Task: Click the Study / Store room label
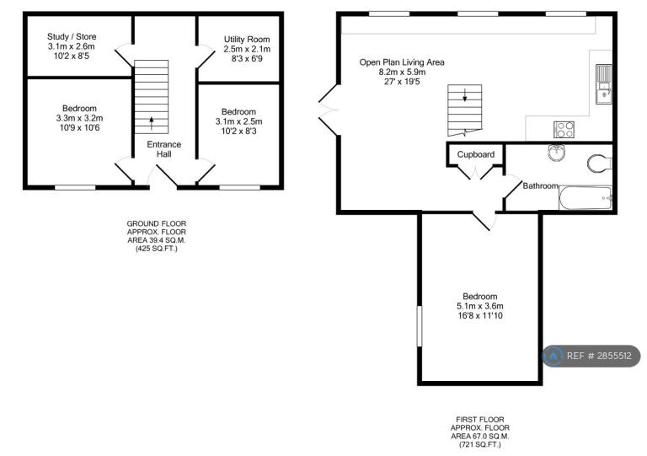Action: click(x=72, y=37)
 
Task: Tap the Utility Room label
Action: click(x=247, y=40)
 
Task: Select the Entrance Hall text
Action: click(x=163, y=149)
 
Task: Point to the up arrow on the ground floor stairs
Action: click(x=152, y=123)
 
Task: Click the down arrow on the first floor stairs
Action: click(x=465, y=94)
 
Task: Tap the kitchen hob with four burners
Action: click(x=564, y=129)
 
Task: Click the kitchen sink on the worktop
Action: click(x=604, y=84)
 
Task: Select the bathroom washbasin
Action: click(x=557, y=153)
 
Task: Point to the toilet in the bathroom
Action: click(x=600, y=163)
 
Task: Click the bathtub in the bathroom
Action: click(x=586, y=198)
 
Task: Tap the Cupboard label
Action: click(x=476, y=154)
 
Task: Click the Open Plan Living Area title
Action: click(x=402, y=62)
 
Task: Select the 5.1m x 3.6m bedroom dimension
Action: click(x=480, y=306)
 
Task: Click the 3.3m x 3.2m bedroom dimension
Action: click(x=80, y=118)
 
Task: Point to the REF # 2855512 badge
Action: click(x=591, y=356)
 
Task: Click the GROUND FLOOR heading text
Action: click(x=157, y=223)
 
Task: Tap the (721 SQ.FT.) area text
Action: click(x=480, y=444)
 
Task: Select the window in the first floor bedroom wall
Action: click(x=420, y=326)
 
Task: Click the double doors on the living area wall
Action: click(x=329, y=110)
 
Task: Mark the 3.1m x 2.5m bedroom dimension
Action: click(x=239, y=121)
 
